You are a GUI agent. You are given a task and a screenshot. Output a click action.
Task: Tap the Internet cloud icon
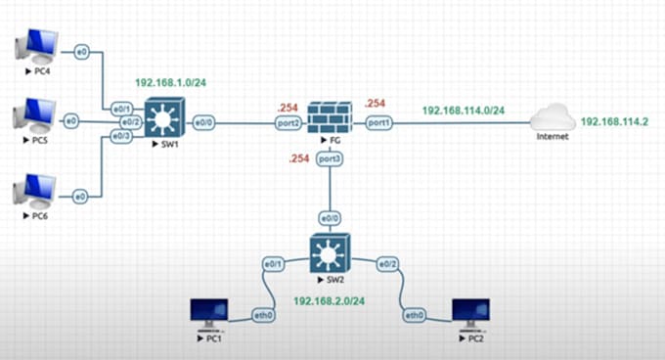[552, 120]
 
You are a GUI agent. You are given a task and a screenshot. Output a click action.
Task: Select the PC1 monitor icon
[208, 314]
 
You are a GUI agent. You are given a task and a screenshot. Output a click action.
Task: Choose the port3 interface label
[329, 157]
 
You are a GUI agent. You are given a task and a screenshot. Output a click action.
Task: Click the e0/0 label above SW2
[329, 218]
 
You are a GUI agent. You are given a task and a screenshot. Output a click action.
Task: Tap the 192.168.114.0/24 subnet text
[463, 111]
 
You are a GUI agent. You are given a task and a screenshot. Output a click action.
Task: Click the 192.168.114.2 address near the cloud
[617, 122]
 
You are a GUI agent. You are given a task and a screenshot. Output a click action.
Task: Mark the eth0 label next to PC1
[263, 316]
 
